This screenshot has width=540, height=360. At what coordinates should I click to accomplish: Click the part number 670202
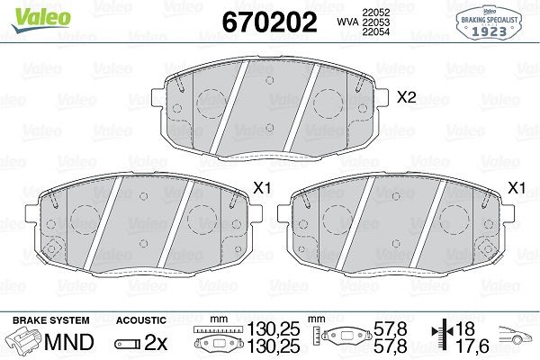pos(269,22)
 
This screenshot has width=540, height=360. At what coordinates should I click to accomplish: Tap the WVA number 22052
pos(375,13)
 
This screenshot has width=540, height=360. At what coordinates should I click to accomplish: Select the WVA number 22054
pos(375,31)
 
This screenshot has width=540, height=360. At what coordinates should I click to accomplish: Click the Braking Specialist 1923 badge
pos(489,22)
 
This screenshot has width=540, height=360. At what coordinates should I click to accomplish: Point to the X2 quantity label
pos(407,97)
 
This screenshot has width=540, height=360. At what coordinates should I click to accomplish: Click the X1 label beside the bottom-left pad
pos(263,188)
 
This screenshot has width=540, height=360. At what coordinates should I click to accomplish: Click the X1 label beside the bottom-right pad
pos(517,188)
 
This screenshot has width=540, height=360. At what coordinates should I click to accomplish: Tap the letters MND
pos(69,342)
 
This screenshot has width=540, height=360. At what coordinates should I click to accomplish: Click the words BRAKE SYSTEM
pos(51,320)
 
